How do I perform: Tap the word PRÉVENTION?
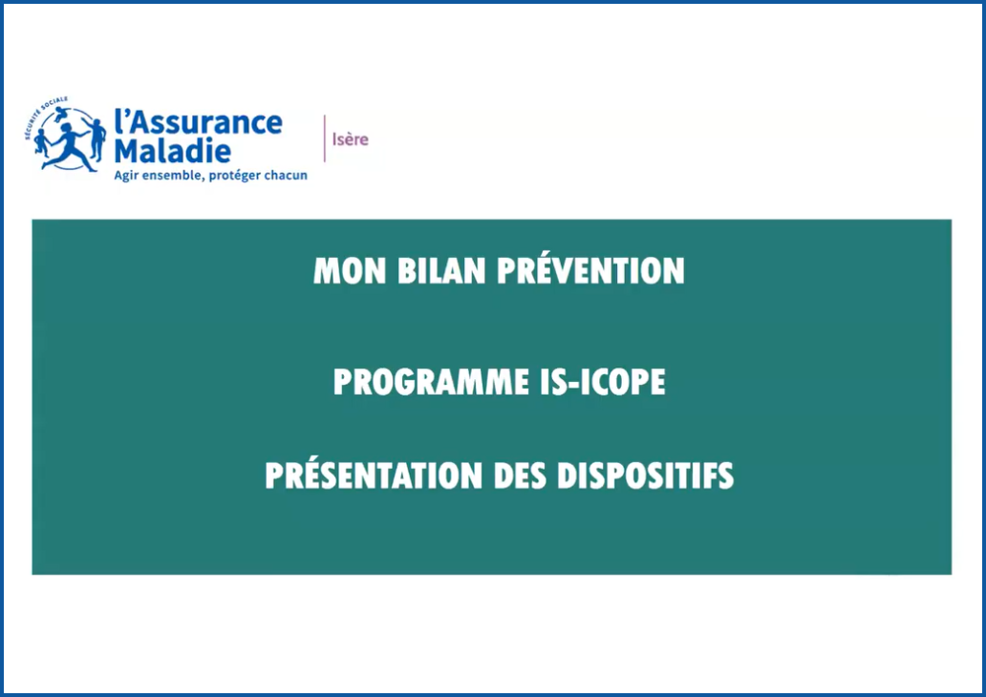[x=590, y=271]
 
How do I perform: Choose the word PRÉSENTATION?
[x=376, y=475]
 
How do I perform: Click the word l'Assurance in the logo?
[x=198, y=122]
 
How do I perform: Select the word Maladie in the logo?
[x=172, y=150]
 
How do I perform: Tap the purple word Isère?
[x=350, y=139]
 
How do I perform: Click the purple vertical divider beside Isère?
[x=325, y=138]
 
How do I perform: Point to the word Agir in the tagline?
[x=128, y=176]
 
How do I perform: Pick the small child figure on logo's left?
[x=41, y=142]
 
